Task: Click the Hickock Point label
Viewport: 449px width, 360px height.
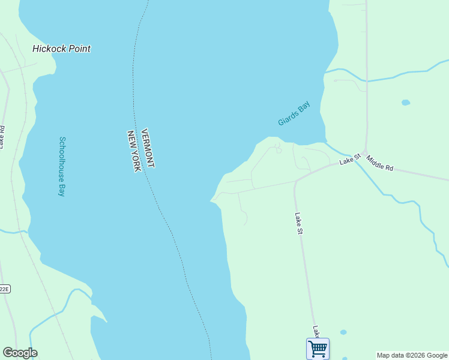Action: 61,49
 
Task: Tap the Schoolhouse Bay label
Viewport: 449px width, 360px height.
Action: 61,167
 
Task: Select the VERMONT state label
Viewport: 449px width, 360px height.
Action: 148,148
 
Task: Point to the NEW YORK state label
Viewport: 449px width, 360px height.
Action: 133,151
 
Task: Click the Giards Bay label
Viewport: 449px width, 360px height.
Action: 294,113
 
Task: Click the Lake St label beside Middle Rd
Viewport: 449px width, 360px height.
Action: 349,159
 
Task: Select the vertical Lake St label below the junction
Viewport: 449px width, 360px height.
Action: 299,223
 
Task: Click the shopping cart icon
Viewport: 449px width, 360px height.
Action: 318,348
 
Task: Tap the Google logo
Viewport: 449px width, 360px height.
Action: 20,353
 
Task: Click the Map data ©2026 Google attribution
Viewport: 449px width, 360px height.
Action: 412,355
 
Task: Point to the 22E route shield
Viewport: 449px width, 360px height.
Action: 4,289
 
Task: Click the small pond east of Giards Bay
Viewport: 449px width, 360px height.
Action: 406,103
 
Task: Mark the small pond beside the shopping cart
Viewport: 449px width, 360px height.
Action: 343,332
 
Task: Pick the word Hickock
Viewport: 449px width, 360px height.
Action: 49,49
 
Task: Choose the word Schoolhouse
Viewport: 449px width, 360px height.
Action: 61,158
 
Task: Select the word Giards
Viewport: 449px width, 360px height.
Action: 287,119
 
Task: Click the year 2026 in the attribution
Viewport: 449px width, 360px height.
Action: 415,355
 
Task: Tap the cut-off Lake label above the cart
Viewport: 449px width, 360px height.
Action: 315,331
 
